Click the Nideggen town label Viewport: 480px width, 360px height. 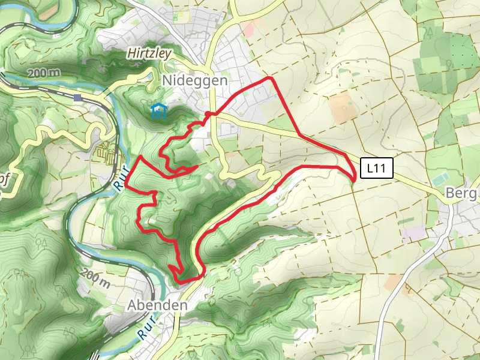186,80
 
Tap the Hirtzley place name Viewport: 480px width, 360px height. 149,53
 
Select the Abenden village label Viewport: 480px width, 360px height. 157,305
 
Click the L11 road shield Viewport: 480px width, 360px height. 376,169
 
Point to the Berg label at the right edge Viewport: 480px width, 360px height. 463,194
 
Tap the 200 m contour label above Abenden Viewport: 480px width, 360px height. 96,277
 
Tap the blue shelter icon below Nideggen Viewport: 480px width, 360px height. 158,112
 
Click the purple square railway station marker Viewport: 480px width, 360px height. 78,97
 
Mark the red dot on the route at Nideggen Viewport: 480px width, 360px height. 208,114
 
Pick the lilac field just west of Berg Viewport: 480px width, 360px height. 413,234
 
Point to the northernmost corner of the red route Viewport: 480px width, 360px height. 270,77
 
